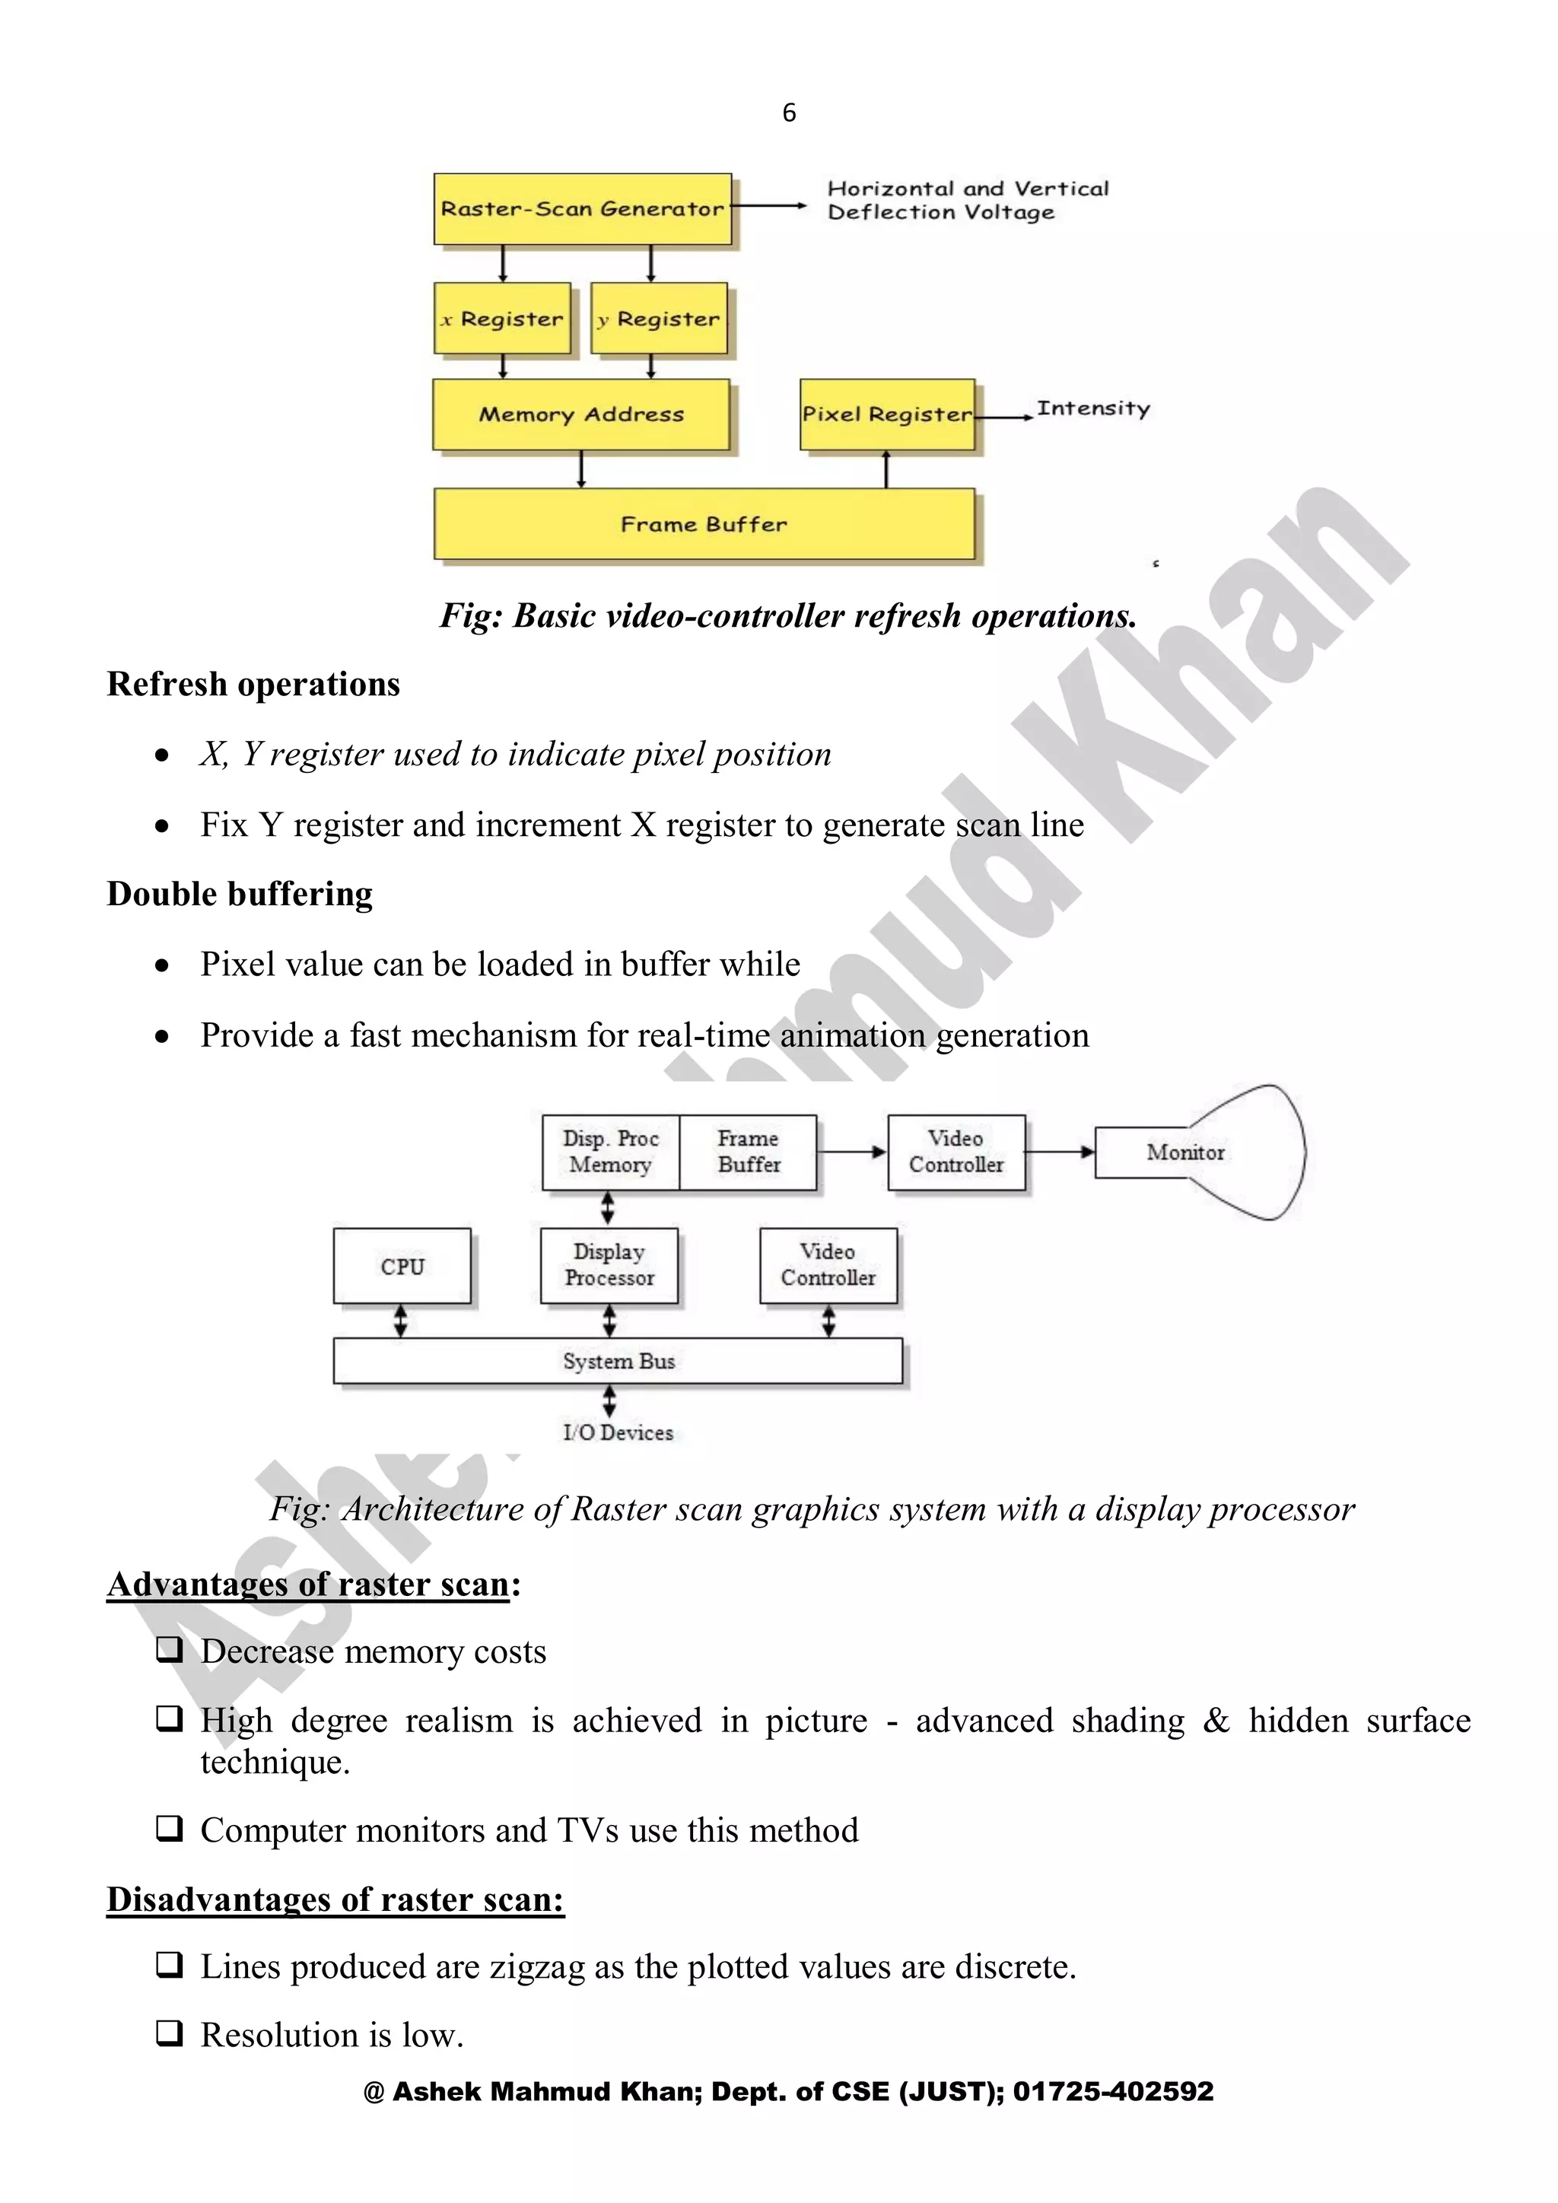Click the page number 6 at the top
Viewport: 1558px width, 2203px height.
point(789,113)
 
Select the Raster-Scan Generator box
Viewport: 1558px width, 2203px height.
point(582,209)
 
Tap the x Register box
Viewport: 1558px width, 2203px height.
point(503,319)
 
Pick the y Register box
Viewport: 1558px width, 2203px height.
point(659,319)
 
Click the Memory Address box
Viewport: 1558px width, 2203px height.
point(581,415)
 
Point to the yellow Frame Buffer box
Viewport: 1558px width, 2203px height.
point(704,524)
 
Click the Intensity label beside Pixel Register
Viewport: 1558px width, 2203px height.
point(1092,408)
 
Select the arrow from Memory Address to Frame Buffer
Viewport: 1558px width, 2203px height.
point(581,469)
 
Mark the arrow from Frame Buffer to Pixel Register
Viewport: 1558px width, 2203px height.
point(886,469)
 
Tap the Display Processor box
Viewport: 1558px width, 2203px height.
point(609,1266)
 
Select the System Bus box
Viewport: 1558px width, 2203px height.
point(618,1361)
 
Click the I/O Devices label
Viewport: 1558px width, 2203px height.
point(618,1432)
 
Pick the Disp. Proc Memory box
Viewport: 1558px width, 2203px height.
point(611,1152)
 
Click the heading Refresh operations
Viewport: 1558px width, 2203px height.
point(253,684)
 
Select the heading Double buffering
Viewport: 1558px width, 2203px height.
point(240,895)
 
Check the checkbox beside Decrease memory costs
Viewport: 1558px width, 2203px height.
point(170,1649)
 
